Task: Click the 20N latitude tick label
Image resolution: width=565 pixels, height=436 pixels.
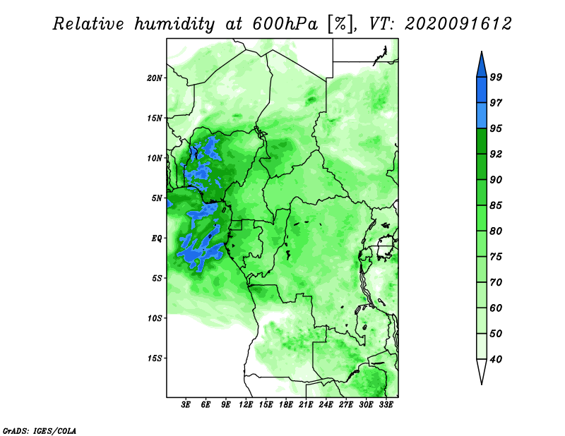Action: (x=155, y=78)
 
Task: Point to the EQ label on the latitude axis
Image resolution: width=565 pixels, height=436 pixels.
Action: (x=157, y=238)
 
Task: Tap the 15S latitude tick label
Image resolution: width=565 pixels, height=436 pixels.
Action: (x=155, y=358)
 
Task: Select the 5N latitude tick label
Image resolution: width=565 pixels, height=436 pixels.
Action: (x=157, y=198)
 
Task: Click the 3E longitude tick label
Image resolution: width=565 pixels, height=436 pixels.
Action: (x=186, y=405)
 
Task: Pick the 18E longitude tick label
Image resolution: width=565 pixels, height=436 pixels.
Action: (x=285, y=405)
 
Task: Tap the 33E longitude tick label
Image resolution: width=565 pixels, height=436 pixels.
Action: (x=386, y=405)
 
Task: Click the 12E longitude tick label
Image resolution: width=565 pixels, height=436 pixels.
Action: (x=245, y=405)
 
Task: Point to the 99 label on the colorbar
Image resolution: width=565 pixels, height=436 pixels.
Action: (x=496, y=77)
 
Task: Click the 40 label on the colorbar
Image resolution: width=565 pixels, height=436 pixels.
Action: (x=496, y=359)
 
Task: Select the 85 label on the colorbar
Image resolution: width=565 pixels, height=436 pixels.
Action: (x=496, y=205)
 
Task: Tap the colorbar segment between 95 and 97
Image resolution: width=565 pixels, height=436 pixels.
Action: (x=482, y=116)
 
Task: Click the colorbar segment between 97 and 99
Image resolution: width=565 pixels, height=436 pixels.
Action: (x=482, y=90)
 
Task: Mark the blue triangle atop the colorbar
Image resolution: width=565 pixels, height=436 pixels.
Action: (x=482, y=66)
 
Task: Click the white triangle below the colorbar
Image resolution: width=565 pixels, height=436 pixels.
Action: (x=482, y=370)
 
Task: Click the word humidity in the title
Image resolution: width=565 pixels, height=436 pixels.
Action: (x=174, y=24)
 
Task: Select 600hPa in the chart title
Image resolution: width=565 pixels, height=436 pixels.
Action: (x=285, y=24)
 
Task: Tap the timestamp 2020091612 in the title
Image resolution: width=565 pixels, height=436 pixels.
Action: (x=458, y=24)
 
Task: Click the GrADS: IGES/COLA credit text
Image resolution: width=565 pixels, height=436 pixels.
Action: (x=40, y=430)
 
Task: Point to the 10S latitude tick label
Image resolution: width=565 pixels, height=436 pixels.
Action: (x=155, y=318)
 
